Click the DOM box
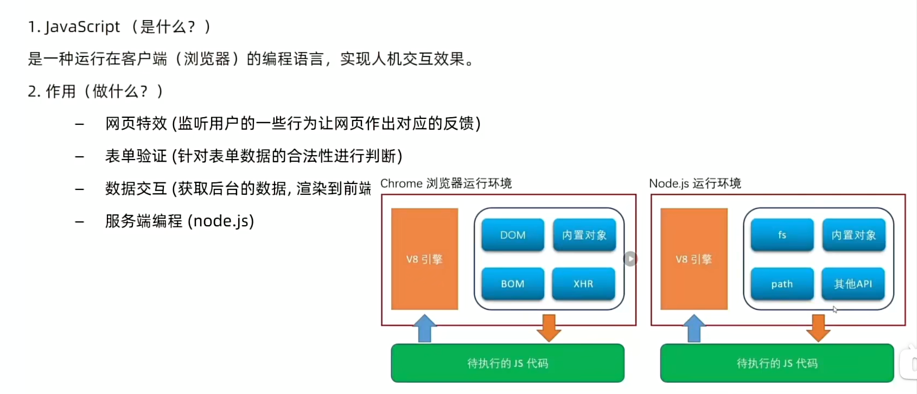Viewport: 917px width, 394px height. coord(513,235)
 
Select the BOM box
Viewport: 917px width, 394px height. coord(513,284)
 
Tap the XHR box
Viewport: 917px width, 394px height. coord(583,284)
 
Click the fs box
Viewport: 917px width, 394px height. coord(782,235)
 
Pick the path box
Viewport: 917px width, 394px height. coord(782,284)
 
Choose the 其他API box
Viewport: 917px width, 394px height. coord(853,284)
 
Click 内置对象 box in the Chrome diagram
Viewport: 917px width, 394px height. coord(584,235)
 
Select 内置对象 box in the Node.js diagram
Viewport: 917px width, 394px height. coord(854,235)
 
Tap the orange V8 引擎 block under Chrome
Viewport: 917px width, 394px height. coord(424,259)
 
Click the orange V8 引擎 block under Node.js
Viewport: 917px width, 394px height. coord(693,259)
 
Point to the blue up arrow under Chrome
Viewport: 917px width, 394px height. coord(425,328)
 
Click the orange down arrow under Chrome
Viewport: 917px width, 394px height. coord(549,328)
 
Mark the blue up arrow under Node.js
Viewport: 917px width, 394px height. coord(694,328)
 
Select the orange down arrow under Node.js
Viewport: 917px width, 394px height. coord(818,328)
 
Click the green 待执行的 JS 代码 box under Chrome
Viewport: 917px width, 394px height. coord(507,363)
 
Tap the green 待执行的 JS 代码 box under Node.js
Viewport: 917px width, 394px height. coord(776,363)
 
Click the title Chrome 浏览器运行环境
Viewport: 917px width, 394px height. coord(446,183)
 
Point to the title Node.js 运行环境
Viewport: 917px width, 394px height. coord(695,183)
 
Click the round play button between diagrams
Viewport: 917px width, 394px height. coord(630,259)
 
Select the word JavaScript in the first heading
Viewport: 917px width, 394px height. coord(82,27)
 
